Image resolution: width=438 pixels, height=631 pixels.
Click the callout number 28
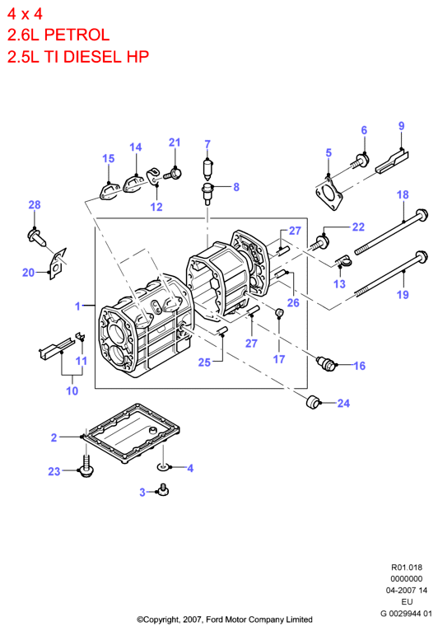tap(35, 205)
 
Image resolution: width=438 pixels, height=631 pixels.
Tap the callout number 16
tap(359, 366)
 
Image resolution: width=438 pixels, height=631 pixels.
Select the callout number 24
tap(343, 403)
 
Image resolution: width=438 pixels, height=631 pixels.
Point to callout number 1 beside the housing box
tap(77, 306)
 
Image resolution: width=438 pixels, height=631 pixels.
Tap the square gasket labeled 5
tap(329, 193)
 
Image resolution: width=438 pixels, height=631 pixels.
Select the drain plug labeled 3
tap(163, 490)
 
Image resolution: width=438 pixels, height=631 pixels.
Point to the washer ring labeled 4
tap(163, 467)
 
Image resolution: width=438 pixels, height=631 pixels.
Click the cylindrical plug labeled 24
tap(313, 402)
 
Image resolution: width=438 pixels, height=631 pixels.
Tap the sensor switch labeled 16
tap(326, 362)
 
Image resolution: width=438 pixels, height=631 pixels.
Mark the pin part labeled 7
tap(207, 169)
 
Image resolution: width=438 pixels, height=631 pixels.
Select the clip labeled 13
tap(343, 261)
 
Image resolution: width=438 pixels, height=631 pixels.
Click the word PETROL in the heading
tap(77, 35)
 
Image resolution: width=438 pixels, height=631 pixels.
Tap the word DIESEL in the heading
tap(93, 57)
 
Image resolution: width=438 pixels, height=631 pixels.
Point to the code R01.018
tap(407, 568)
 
